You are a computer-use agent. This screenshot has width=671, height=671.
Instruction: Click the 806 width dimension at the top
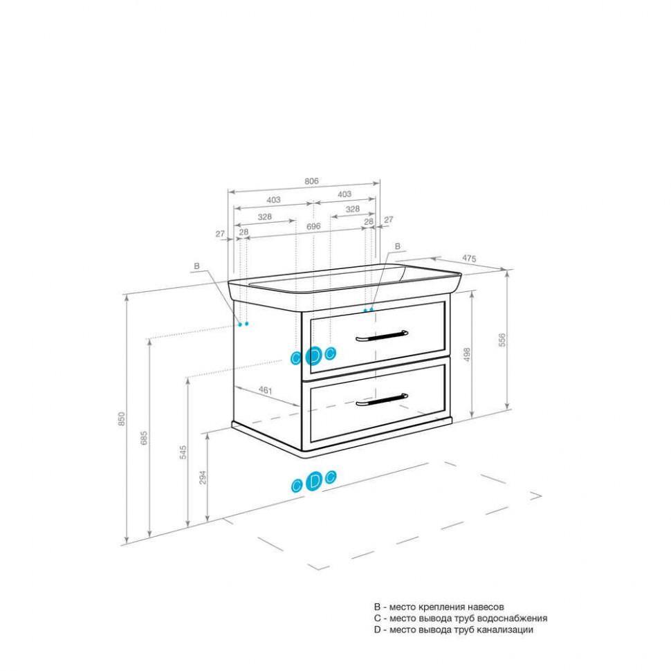pos(311,181)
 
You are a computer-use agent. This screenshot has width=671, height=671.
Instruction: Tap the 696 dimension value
pos(313,226)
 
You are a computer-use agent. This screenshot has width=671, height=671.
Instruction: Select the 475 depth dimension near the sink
pos(470,259)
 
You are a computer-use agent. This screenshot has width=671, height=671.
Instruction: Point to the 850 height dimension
pos(122,419)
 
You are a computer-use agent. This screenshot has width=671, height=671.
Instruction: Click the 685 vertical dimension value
pos(144,438)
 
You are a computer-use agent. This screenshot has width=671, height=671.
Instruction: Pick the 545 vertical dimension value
pos(183,452)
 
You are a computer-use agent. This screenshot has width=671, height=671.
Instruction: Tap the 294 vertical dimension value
pos(203,477)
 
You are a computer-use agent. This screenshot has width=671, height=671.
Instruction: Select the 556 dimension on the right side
pos(502,340)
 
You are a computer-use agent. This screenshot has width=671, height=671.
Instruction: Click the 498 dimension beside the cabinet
pos(467,355)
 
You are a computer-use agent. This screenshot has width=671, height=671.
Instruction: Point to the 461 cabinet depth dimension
pos(266,390)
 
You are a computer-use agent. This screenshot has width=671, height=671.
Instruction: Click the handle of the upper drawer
pos(382,336)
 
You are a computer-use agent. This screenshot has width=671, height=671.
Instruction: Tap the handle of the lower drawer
pos(382,399)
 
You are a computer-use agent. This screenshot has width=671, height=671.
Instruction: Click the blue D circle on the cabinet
pos(313,356)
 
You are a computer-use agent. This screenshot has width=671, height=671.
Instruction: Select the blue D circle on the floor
pos(315,481)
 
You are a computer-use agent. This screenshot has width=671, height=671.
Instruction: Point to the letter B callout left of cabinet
pos(196,266)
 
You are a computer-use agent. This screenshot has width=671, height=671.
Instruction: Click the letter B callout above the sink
pos(398,246)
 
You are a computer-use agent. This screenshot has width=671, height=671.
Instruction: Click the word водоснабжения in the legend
pos(512,618)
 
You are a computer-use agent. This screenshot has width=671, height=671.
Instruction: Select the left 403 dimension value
pos(274,200)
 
